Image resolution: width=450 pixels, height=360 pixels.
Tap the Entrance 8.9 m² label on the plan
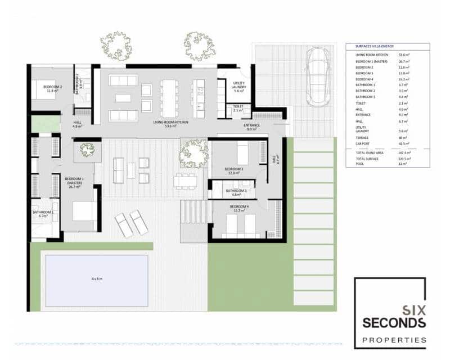[x=251, y=127]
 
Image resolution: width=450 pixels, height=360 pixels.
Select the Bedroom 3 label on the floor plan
[x=233, y=171]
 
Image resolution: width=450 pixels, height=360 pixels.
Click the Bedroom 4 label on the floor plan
[x=238, y=209]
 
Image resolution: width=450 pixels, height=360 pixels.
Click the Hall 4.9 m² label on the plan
[x=78, y=124]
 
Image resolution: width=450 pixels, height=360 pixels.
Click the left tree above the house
[x=116, y=46]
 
